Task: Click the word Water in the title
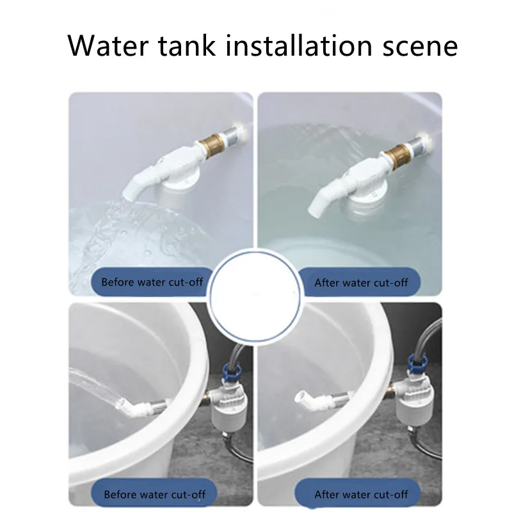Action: coord(108,45)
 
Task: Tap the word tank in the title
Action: coord(187,45)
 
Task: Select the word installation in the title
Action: coord(299,45)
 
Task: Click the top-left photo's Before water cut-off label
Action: coord(152,282)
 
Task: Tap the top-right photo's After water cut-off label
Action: coord(361,282)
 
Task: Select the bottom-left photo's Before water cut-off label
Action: coord(154,494)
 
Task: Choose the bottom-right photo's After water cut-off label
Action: coord(361,494)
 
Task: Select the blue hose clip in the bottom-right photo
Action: coord(417,364)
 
